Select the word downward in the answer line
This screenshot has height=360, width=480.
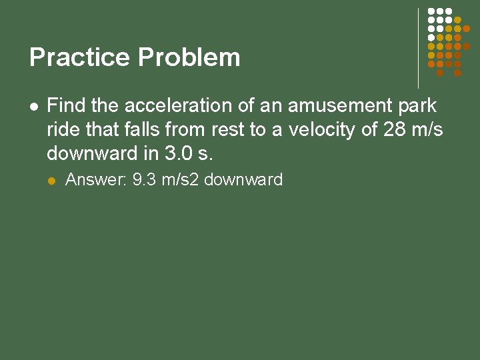pyautogui.click(x=243, y=180)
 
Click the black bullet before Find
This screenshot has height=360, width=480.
pyautogui.click(x=34, y=106)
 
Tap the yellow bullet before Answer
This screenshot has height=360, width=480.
pyautogui.click(x=53, y=181)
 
